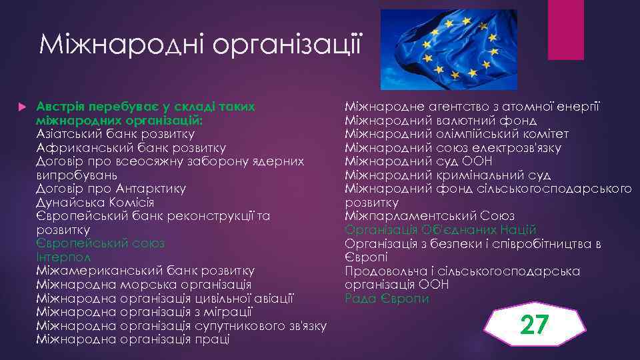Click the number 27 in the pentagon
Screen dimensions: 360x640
coord(535,325)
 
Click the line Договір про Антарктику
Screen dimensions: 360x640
coord(111,189)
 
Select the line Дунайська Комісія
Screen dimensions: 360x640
coord(95,203)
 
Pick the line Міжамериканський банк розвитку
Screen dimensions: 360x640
coord(145,271)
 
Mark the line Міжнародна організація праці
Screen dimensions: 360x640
coord(133,339)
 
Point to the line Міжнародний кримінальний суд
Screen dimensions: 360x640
coord(447,175)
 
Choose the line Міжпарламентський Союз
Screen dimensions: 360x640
coord(429,216)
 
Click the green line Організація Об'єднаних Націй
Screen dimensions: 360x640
coord(440,230)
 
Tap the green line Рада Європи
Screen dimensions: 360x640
coord(387,298)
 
